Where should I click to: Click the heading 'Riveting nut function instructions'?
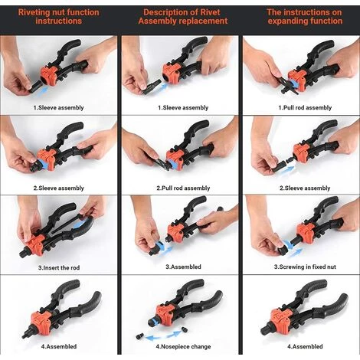tap(58, 17)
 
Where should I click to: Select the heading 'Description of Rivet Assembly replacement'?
tap(183, 17)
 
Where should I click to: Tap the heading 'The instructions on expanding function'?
tap(305, 17)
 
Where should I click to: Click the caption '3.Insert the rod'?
tap(59, 268)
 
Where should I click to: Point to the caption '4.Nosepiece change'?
tap(183, 347)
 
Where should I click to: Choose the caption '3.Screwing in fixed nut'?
tap(305, 267)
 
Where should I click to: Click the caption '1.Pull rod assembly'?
tap(305, 108)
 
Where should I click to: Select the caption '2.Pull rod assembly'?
tap(183, 188)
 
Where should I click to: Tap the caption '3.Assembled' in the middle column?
tap(183, 267)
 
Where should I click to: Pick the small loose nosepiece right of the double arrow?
tap(185, 329)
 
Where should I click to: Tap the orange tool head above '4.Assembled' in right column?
tap(280, 319)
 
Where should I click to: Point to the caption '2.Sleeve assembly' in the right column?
tap(305, 188)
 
